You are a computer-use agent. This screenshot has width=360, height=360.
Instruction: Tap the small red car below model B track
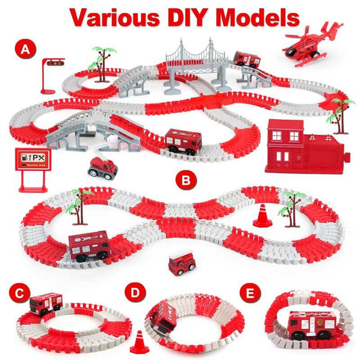tap(182, 263)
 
